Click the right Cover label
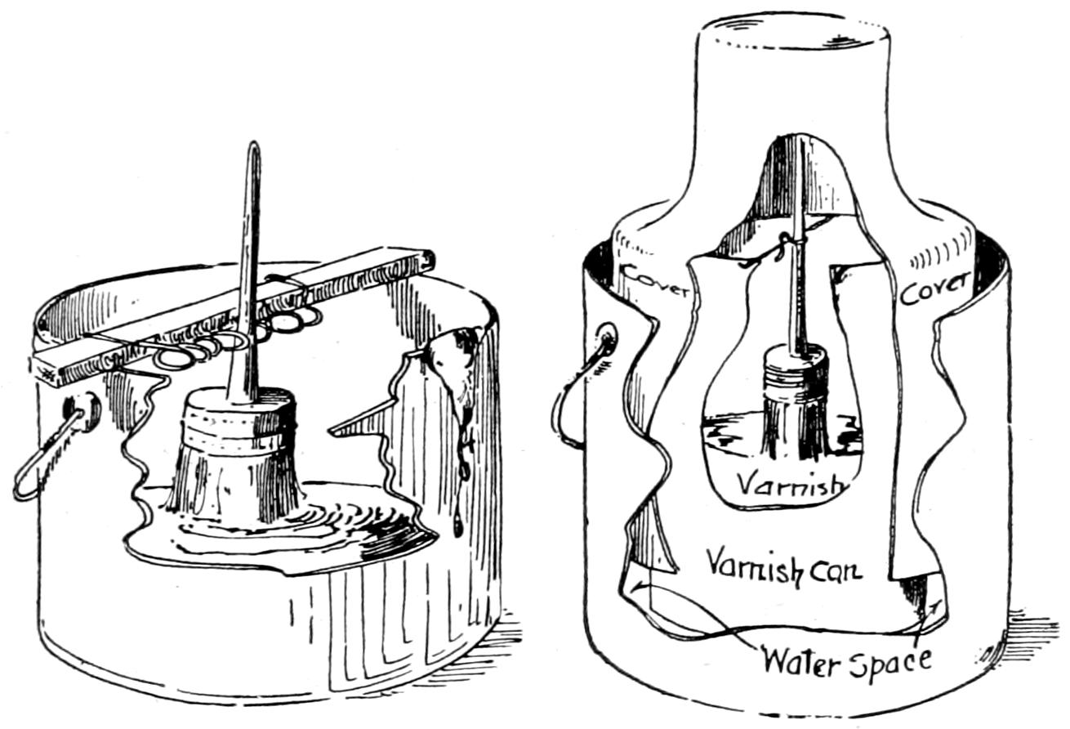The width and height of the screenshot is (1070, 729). (x=934, y=287)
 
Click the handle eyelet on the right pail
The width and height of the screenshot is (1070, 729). (x=607, y=338)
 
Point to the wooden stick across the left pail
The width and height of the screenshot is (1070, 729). (x=237, y=319)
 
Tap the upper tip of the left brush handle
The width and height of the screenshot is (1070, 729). (x=254, y=149)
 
